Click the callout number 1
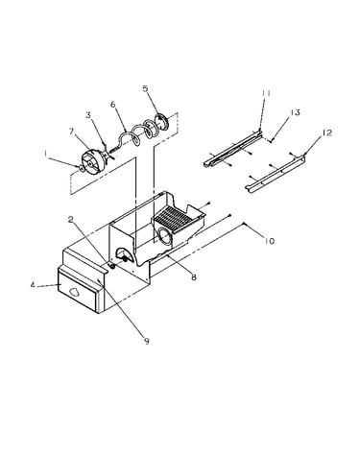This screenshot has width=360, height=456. click(x=46, y=155)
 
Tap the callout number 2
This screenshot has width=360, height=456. click(x=71, y=219)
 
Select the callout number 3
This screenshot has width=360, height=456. click(x=88, y=115)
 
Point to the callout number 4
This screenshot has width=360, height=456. click(x=33, y=284)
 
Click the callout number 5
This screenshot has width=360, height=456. click(x=146, y=88)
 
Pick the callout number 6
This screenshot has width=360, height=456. click(x=112, y=105)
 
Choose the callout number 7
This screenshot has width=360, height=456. click(x=71, y=132)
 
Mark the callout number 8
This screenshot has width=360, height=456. click(x=194, y=277)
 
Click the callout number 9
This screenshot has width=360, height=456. click(x=147, y=342)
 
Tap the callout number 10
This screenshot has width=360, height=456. click(x=270, y=241)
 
